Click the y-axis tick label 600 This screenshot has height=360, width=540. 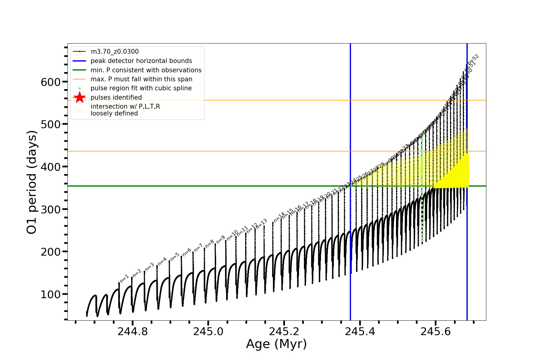coord(50,82)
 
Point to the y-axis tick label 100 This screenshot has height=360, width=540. coord(50,294)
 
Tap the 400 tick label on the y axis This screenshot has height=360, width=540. coord(50,167)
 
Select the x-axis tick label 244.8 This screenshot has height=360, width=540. coord(133,331)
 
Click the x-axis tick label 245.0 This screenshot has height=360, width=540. coord(208,331)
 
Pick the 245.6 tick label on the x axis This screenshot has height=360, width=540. coord(436,331)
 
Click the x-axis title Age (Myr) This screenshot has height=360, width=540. coord(276,344)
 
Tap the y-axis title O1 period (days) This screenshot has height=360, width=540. coord(32,182)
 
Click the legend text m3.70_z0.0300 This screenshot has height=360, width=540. coord(115,52)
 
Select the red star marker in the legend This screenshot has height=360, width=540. coord(79,97)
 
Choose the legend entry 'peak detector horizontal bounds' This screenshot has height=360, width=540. coord(141,61)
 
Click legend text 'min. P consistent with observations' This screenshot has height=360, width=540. coord(146,70)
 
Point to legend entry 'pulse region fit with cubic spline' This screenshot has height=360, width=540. coord(141,88)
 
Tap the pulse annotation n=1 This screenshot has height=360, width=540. coord(124,278)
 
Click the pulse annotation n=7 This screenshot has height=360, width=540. coord(198,248)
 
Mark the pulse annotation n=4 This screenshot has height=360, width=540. coord(162,261)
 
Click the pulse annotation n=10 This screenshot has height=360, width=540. coord(232,235)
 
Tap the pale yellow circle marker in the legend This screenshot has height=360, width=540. coord(79,111)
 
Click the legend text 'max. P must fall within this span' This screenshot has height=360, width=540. coord(141,79)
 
